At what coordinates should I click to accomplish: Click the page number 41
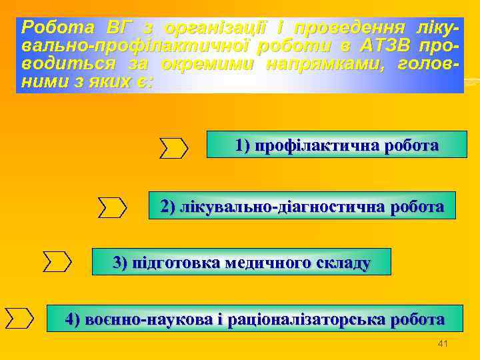[442, 343]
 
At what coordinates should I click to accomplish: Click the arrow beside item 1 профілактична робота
[174, 147]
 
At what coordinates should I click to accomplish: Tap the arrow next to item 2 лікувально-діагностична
[112, 207]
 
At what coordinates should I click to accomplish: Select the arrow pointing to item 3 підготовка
[57, 261]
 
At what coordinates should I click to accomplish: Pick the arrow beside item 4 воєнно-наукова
[19, 318]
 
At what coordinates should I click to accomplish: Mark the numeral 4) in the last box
[73, 319]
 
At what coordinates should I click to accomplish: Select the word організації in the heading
[217, 28]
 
